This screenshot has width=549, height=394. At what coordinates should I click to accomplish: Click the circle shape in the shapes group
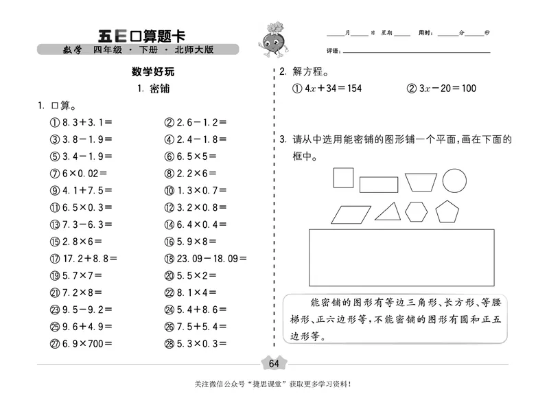456,181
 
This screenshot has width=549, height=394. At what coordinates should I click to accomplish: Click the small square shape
343,178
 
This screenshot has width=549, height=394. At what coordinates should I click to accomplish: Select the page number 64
274,363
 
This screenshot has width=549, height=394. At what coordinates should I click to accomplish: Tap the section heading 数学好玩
153,71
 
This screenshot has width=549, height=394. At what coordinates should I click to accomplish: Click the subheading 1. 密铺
153,89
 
